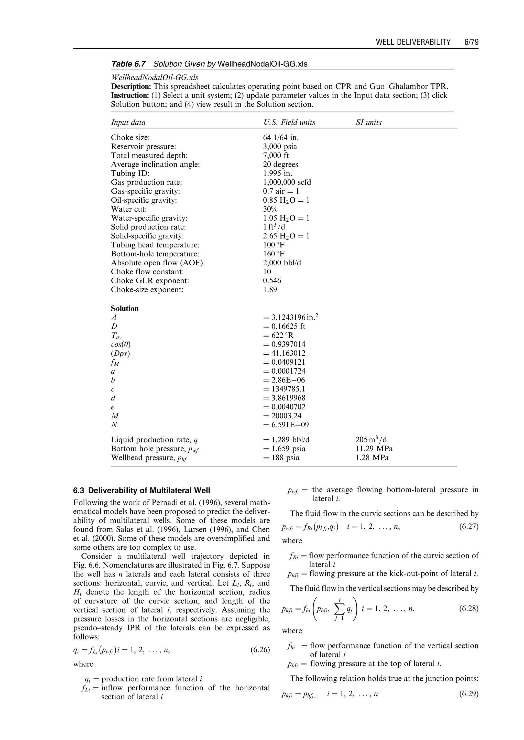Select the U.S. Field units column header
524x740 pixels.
coord(289,122)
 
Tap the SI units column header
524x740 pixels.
coord(368,122)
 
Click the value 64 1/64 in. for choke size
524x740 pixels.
coord(281,137)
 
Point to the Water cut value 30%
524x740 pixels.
coord(271,209)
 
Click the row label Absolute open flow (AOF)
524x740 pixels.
coord(158,263)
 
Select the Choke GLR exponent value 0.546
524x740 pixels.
coord(272,281)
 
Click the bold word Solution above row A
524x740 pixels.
coord(125,309)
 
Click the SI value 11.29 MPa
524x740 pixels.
coord(374,449)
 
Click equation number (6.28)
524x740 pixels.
coord(468,609)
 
